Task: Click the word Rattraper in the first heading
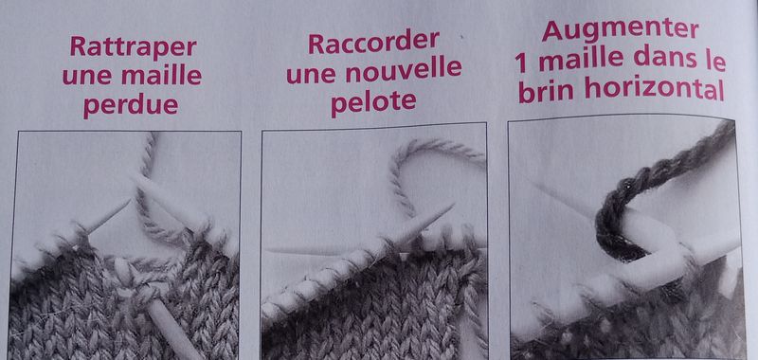click(x=134, y=47)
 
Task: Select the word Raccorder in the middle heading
click(x=373, y=43)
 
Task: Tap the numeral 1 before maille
click(x=519, y=63)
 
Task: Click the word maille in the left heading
click(x=161, y=76)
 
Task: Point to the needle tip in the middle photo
click(x=453, y=205)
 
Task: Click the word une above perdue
click(x=88, y=77)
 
